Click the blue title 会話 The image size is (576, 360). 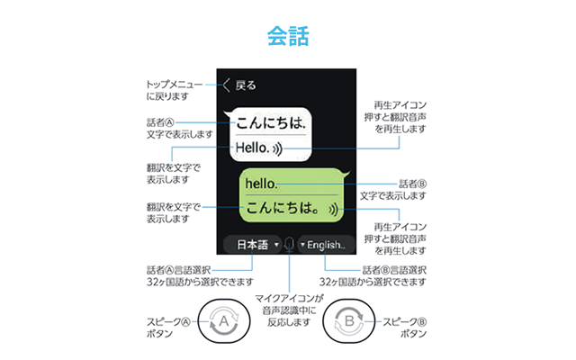288,36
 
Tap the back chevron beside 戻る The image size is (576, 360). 226,85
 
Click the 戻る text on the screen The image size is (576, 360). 246,85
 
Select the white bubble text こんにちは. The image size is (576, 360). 271,122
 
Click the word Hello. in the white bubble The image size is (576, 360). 252,148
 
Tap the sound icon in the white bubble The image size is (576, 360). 277,148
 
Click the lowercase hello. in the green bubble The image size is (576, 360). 261,184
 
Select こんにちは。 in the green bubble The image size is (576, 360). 283,208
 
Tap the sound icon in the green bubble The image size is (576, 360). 334,210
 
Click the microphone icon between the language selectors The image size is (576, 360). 290,244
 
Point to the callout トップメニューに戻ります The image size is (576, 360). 175,90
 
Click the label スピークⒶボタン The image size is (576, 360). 168,328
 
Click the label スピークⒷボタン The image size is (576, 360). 404,328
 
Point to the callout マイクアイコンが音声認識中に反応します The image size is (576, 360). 289,310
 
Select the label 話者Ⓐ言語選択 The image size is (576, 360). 178,270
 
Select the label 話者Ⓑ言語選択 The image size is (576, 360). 394,270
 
